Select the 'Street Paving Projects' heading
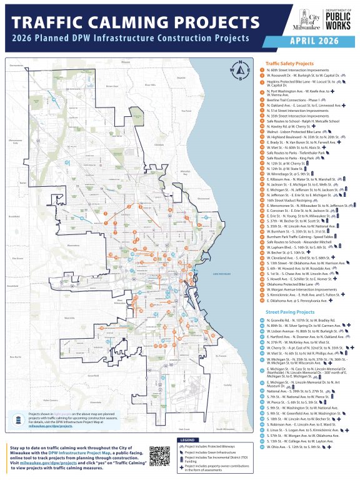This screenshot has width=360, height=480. [x=289, y=311]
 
